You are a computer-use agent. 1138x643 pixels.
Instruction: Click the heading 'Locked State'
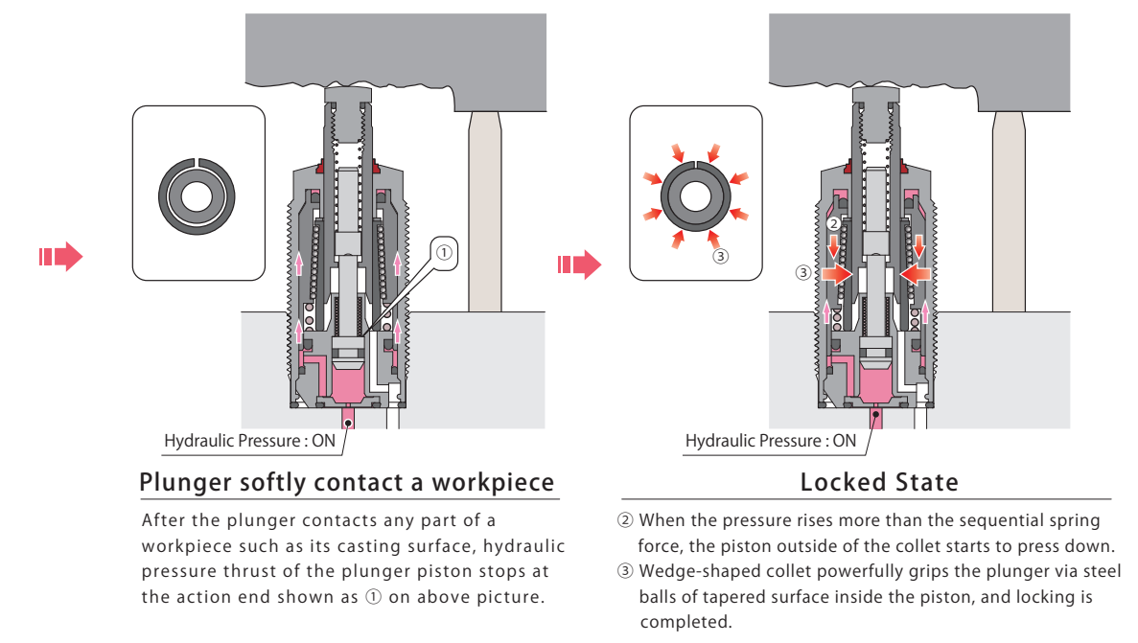(x=879, y=482)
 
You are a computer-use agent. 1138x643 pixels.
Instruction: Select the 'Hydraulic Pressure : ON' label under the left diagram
(x=249, y=441)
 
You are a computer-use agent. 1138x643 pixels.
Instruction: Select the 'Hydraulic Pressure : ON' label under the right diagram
(x=771, y=441)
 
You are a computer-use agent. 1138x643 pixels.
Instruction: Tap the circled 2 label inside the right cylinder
(x=833, y=223)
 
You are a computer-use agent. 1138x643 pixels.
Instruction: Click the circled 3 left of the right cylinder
(x=802, y=272)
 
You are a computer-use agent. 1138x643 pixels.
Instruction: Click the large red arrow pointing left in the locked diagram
(x=915, y=273)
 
